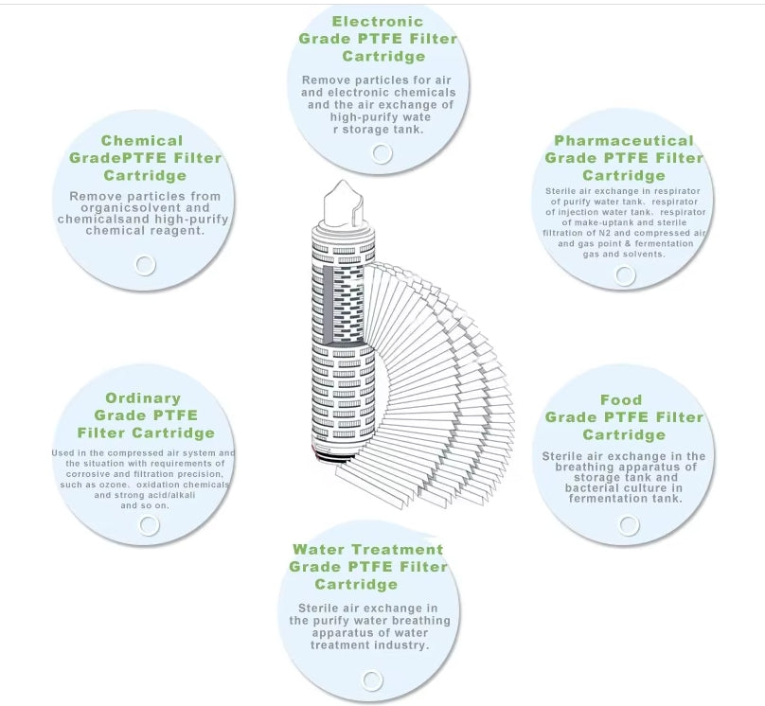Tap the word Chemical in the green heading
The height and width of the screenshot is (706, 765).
(x=142, y=141)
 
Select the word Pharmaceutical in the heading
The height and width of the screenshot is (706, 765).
(x=624, y=141)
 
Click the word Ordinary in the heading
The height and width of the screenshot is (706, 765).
(x=143, y=398)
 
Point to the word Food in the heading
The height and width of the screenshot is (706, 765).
(x=621, y=399)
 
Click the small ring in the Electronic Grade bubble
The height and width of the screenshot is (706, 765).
(x=382, y=153)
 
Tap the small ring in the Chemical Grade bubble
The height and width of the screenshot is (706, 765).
(x=145, y=264)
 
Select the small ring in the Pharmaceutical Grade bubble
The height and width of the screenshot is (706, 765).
(x=625, y=275)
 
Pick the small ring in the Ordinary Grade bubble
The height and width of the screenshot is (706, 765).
(x=150, y=525)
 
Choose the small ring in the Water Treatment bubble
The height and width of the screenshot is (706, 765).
(x=372, y=680)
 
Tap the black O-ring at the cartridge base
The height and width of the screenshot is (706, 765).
(x=337, y=461)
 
